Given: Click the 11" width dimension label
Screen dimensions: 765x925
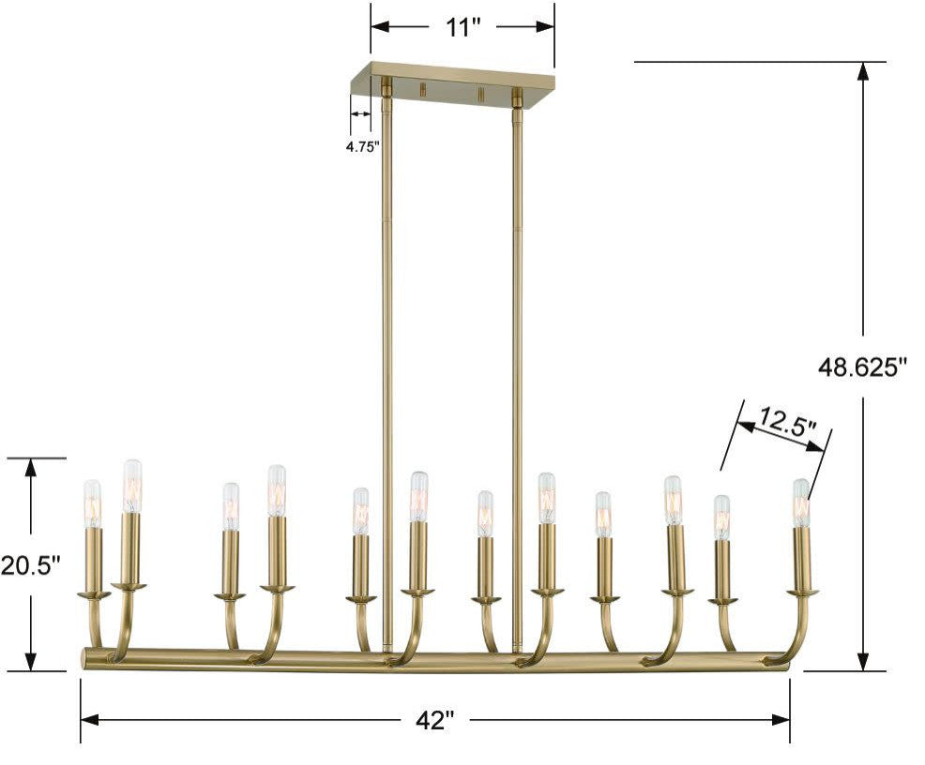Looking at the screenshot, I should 462,27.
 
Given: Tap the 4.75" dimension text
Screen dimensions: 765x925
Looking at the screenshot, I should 361,146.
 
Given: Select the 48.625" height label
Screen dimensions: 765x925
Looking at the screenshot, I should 863,367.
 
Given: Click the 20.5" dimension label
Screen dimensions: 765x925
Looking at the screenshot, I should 30,565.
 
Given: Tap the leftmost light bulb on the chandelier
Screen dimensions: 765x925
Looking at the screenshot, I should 92,503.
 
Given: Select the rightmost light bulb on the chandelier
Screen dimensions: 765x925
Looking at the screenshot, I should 800,502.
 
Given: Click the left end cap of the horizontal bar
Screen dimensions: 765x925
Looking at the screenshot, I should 85,658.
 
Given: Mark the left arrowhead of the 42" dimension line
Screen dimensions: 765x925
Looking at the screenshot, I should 90,720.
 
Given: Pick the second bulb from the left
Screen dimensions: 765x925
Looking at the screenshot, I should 132,485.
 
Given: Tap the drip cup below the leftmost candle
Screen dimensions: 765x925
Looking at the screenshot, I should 93,594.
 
